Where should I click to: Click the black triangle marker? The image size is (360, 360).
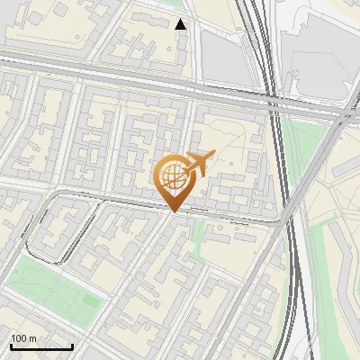(x=181, y=24)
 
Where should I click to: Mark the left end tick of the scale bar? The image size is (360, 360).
(x=11, y=346)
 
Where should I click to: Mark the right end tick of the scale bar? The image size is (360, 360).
(x=72, y=346)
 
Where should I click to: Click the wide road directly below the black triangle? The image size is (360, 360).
(x=180, y=81)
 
